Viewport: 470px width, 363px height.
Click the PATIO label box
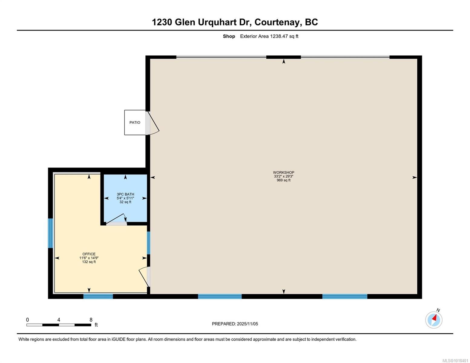[135, 123]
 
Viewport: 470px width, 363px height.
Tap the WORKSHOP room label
[284, 173]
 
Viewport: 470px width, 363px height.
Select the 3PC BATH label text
[125, 195]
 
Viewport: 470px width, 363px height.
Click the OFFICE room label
[89, 254]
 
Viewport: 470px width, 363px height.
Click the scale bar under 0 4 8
[59, 325]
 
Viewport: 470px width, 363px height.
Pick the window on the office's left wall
[51, 233]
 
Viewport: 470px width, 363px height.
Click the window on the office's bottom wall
[98, 296]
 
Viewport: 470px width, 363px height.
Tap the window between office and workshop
[149, 243]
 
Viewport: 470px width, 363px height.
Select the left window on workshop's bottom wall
[220, 296]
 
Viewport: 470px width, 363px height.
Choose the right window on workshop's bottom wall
[345, 296]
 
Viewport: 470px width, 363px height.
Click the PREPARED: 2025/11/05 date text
[235, 324]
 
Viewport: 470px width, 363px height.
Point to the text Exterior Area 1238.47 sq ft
[269, 36]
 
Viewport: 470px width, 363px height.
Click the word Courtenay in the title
[278, 22]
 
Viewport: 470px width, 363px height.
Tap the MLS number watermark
[455, 361]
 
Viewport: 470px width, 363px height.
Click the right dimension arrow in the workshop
[414, 178]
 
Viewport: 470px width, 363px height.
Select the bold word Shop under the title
[229, 36]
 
